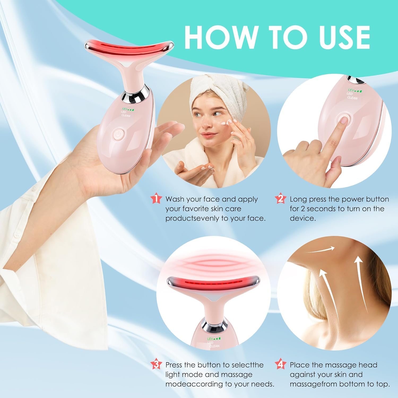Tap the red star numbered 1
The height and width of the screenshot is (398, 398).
[156, 199]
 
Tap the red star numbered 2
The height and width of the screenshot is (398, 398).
[280, 199]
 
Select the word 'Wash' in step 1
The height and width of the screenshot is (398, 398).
[175, 199]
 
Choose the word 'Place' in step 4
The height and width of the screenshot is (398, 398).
[300, 365]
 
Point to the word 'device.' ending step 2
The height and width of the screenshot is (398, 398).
[303, 218]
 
